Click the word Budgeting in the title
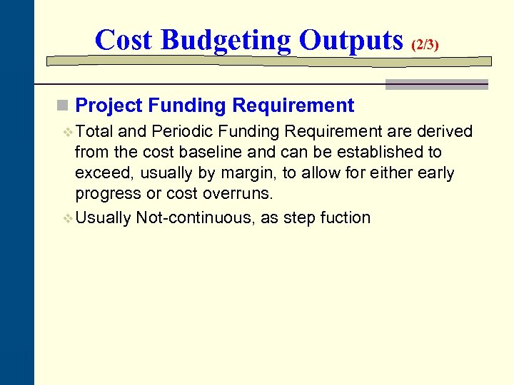tap(226, 40)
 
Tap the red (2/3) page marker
tap(425, 44)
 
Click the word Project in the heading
tap(109, 106)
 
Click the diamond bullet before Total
tap(69, 132)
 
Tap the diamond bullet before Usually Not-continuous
tap(69, 218)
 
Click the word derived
tap(443, 131)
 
